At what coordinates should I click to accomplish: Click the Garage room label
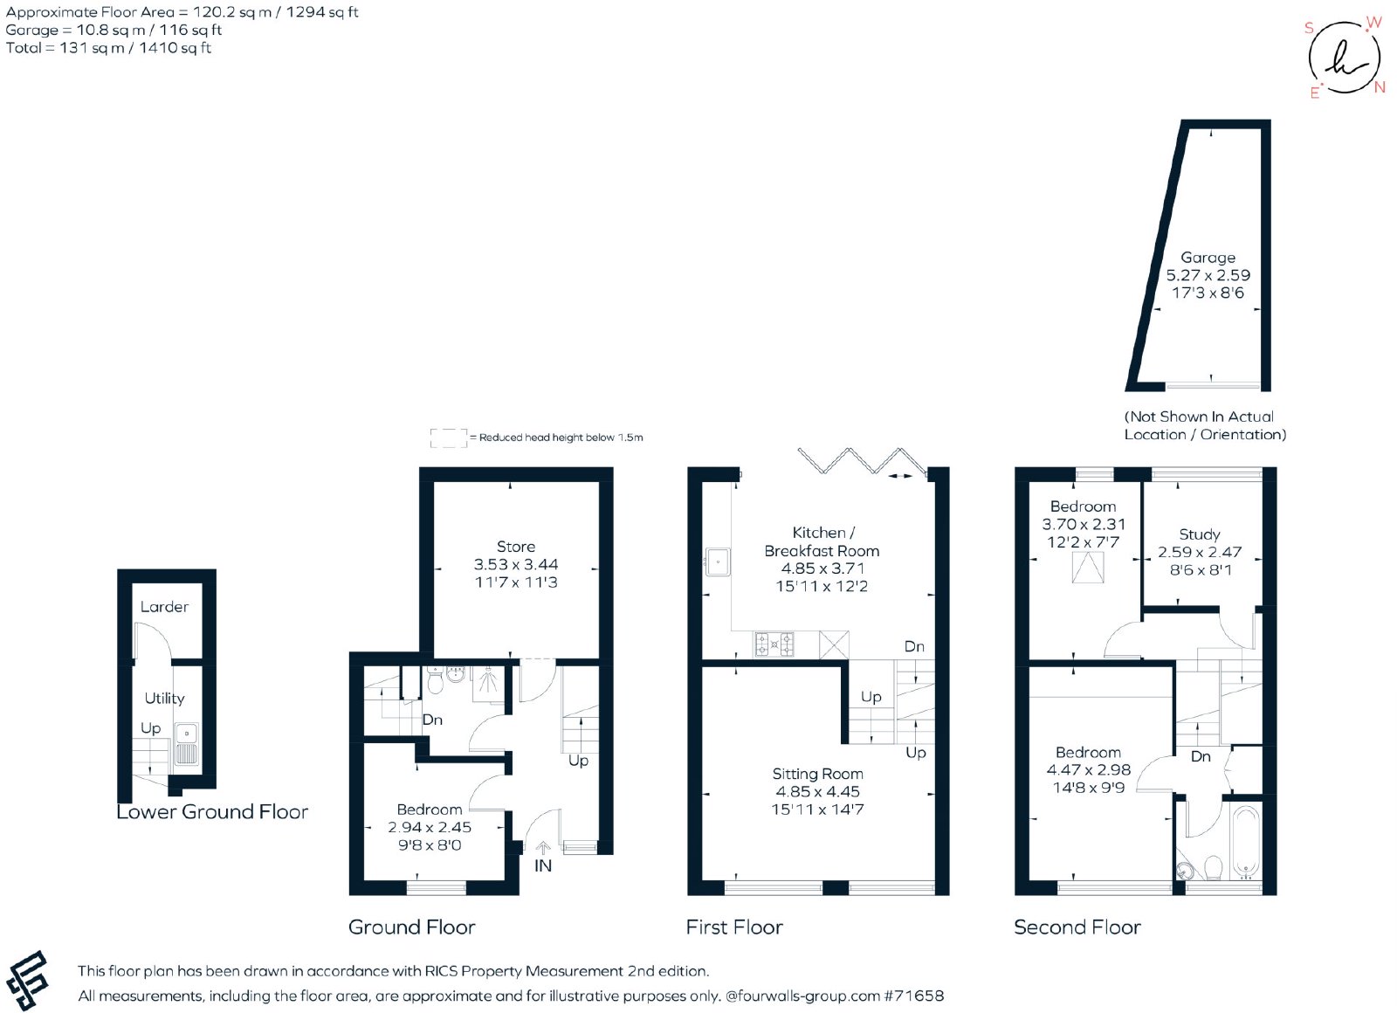coord(1208,258)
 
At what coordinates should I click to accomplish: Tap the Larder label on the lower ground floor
coord(164,606)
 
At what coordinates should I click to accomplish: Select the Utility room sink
coord(187,744)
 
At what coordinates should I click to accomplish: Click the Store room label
coord(516,547)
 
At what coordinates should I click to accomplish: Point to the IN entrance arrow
coord(543,848)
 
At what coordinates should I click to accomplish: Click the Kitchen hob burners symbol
coord(774,644)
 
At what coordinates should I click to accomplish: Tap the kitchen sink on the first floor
coord(718,562)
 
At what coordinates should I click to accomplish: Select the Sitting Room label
coord(817,774)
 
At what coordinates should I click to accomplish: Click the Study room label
coord(1200,534)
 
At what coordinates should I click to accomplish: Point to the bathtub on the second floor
coord(1247,842)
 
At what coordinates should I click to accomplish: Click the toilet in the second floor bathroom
coord(1213,868)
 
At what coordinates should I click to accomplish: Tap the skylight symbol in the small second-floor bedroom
coord(1088,568)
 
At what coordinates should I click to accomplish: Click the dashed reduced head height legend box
coord(449,438)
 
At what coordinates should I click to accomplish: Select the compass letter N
coord(1380,88)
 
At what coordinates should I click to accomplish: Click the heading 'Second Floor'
coord(1077,927)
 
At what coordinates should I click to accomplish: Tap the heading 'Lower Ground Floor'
coord(212,811)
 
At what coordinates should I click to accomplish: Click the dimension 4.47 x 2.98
coord(1088,769)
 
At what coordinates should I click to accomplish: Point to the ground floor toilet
coord(436,681)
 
